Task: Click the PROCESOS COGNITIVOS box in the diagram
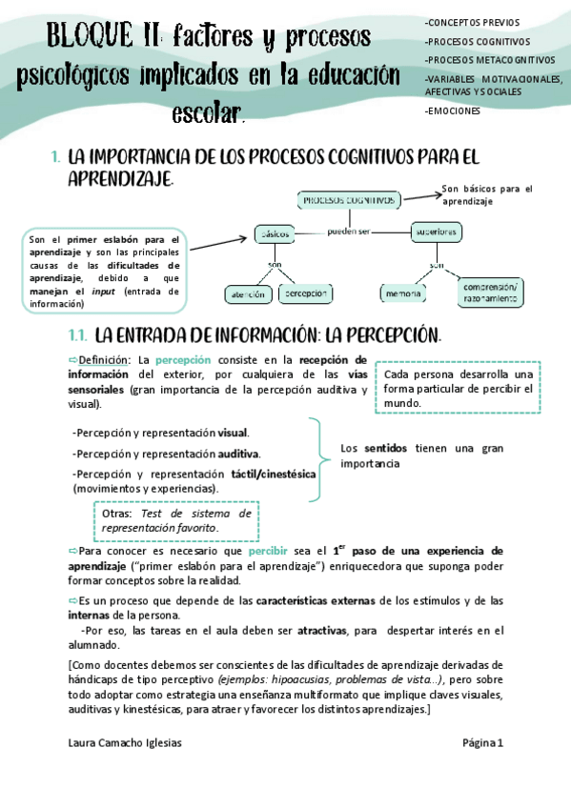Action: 350,200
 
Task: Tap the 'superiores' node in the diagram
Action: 436,232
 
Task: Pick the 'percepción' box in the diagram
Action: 306,293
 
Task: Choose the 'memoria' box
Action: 404,294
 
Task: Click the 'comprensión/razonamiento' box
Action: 491,293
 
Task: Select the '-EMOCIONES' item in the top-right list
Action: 452,111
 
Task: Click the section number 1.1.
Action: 78,335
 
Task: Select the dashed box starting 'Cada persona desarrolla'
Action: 459,388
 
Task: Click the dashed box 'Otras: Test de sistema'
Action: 176,519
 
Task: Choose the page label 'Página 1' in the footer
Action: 482,742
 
